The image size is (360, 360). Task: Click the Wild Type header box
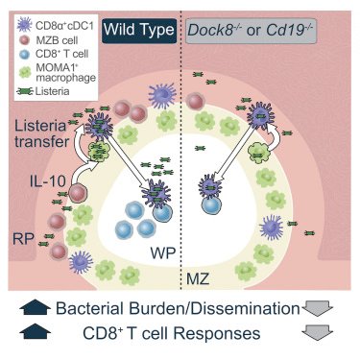[139, 31]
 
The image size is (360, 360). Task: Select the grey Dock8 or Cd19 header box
[251, 31]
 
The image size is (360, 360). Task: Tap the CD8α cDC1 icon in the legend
[24, 25]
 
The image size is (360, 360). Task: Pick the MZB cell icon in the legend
[24, 40]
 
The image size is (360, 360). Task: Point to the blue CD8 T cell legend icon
[24, 55]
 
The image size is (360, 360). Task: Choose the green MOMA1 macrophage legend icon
[25, 72]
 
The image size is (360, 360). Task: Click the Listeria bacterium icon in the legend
[25, 91]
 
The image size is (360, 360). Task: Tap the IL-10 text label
[47, 181]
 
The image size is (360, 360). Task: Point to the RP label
[23, 239]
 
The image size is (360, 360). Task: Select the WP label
[163, 252]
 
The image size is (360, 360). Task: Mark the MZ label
[198, 279]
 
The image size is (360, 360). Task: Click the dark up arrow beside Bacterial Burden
[36, 308]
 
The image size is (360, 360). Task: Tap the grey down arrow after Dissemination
[318, 308]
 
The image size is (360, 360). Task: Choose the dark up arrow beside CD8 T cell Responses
[36, 331]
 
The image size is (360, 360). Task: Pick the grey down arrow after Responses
[318, 332]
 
